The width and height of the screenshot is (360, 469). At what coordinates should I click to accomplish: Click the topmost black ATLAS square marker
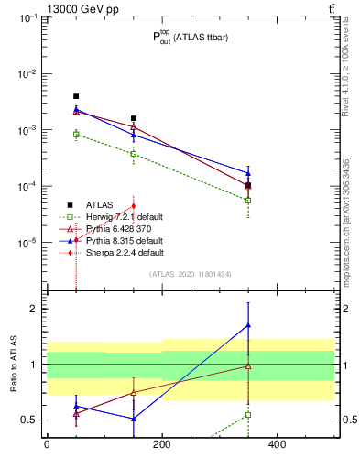(76, 96)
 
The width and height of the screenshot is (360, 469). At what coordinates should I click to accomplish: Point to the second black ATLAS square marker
(134, 118)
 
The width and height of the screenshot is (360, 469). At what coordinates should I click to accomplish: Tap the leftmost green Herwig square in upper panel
(76, 134)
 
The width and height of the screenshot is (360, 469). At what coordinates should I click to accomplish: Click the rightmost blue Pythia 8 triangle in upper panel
(248, 173)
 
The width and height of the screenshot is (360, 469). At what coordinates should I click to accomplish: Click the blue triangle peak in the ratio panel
(248, 325)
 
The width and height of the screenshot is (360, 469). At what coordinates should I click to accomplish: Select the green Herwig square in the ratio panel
(248, 415)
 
